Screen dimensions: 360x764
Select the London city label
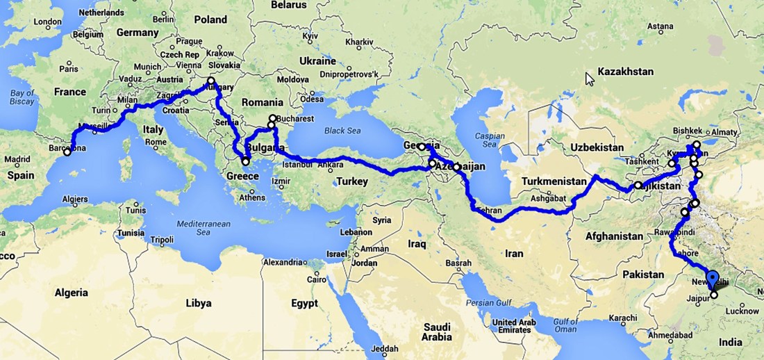48,22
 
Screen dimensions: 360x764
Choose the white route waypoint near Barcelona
67,152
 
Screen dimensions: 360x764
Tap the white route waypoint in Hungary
211,81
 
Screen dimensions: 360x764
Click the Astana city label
661,26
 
